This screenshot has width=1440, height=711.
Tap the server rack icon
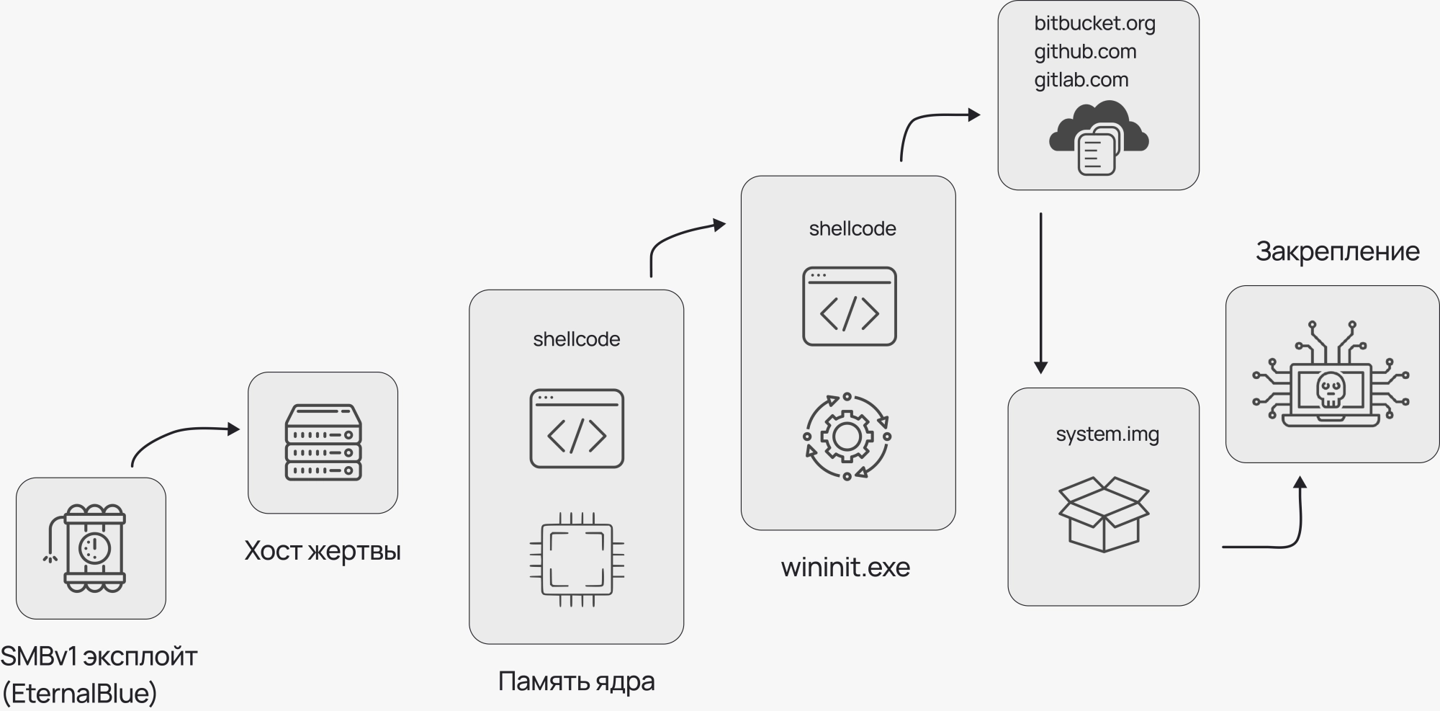click(x=323, y=442)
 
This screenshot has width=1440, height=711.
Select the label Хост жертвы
click(x=323, y=551)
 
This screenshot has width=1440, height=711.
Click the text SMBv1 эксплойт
click(x=99, y=656)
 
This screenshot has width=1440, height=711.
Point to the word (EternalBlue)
click(x=80, y=693)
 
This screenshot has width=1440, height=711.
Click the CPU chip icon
click(x=577, y=559)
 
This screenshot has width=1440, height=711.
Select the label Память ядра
click(x=576, y=681)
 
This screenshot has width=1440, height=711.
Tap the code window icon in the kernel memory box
click(x=577, y=429)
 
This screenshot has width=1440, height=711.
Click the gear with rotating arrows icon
click(x=847, y=437)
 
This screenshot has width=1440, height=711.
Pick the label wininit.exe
click(x=845, y=568)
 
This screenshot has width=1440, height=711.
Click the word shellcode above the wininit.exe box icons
click(x=852, y=229)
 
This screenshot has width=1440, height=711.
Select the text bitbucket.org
click(x=1094, y=24)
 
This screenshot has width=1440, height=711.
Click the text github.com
click(x=1085, y=52)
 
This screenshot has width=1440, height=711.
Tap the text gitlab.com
click(x=1081, y=80)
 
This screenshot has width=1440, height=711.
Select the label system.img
click(x=1107, y=434)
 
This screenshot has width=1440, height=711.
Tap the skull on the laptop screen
click(x=1330, y=390)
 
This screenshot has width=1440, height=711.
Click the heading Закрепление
click(x=1337, y=251)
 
